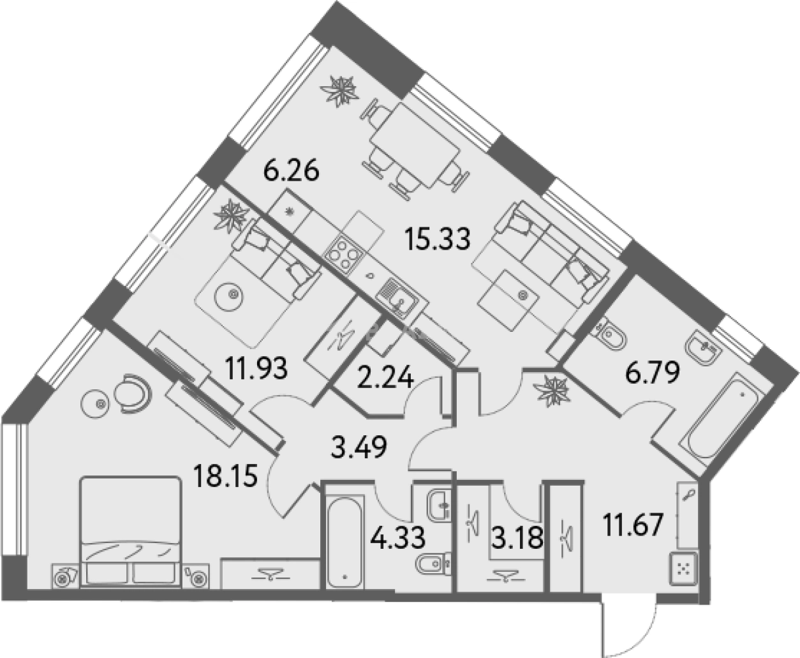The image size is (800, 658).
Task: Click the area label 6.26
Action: tap(292, 172)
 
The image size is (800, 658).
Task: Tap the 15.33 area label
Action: tap(438, 239)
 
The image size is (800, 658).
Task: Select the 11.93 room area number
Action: tap(256, 368)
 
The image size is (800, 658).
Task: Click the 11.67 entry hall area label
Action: tap(633, 524)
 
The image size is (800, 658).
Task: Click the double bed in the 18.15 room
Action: tap(130, 533)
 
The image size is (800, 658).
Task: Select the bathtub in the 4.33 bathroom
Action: tap(345, 546)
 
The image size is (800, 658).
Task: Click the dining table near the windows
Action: tap(415, 147)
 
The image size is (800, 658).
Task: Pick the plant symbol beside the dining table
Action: tap(339, 91)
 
